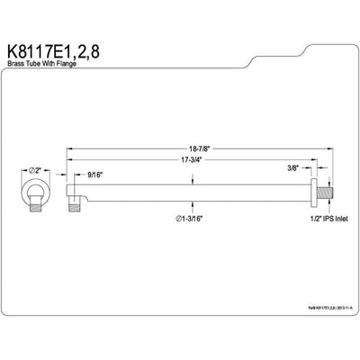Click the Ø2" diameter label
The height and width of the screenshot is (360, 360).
coord(30,169)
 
